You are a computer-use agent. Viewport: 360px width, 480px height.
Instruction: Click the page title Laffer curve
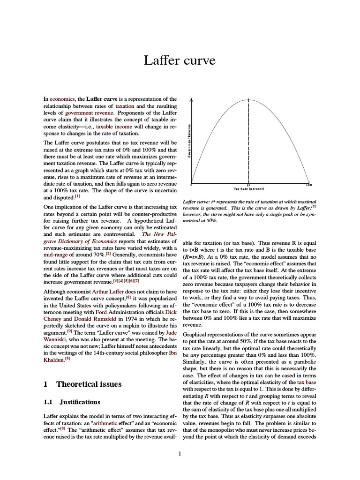click(180, 61)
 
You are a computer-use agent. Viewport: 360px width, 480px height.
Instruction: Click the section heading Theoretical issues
click(89, 384)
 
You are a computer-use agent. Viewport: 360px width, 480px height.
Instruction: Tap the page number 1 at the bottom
click(180, 453)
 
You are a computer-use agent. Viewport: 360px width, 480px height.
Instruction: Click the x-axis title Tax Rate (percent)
click(249, 189)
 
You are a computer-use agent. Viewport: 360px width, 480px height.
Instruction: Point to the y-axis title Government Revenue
click(189, 141)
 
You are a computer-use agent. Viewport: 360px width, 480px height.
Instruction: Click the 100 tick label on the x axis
click(308, 185)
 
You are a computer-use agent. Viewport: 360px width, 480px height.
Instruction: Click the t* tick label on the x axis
click(248, 184)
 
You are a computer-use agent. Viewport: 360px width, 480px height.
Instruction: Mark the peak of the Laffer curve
click(248, 99)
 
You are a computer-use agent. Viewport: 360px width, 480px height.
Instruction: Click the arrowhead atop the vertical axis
click(192, 100)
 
